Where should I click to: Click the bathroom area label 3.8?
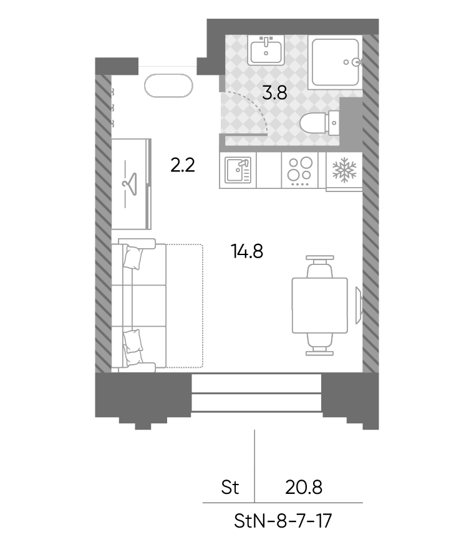click(274, 94)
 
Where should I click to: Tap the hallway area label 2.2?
click(183, 165)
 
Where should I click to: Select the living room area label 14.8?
click(247, 252)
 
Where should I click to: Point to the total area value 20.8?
click(304, 488)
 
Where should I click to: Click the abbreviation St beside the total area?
click(230, 488)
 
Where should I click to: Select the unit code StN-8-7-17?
click(283, 521)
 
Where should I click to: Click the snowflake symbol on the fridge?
click(344, 170)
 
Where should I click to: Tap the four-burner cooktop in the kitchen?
click(299, 171)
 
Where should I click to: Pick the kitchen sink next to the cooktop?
click(238, 170)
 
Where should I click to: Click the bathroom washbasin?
click(266, 51)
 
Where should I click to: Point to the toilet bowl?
click(319, 123)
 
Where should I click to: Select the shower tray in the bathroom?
click(335, 62)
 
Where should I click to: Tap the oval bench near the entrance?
click(168, 85)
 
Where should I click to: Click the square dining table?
click(320, 306)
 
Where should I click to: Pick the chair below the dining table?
click(320, 344)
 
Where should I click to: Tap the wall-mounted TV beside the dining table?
click(359, 305)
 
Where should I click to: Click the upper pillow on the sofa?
click(133, 258)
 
